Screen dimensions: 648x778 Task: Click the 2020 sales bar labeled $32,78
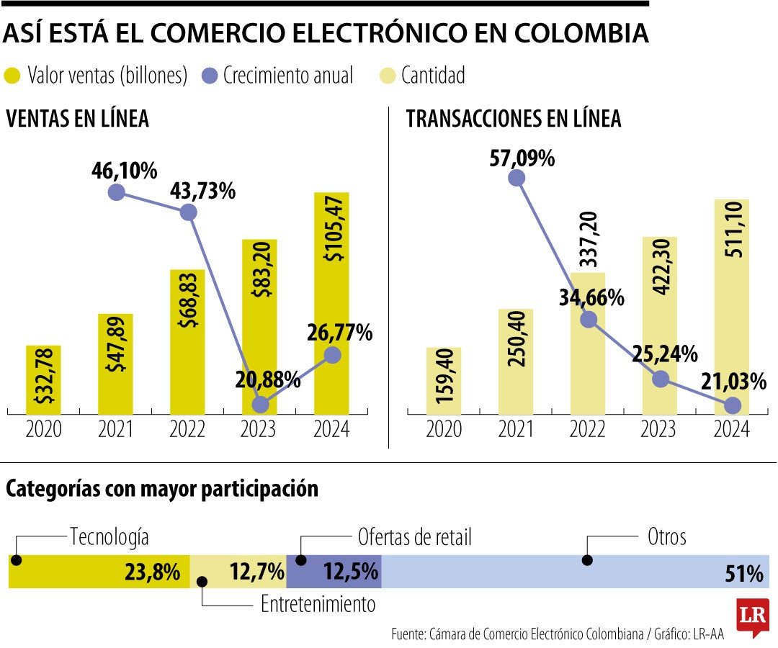point(43,379)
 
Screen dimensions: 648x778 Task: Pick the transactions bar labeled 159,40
point(444,380)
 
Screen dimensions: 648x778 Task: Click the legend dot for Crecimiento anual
point(209,75)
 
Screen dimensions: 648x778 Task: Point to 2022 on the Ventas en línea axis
point(187,430)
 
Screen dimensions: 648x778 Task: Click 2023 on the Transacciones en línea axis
point(659,430)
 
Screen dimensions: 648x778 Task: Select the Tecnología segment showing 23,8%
point(99,572)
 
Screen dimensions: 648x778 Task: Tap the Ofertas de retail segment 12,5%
point(334,572)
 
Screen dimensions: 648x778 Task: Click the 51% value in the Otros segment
point(744,573)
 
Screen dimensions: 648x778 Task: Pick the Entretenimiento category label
point(318,604)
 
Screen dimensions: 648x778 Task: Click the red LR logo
point(752,617)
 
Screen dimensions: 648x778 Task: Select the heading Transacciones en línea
point(514,119)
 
